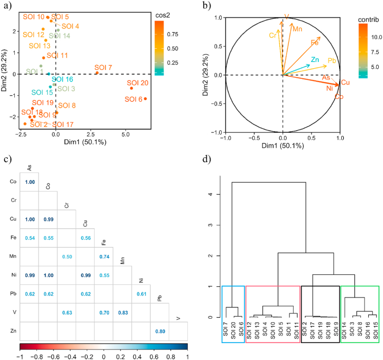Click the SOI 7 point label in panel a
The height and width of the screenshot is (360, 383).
103,67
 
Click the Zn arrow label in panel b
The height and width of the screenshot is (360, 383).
315,59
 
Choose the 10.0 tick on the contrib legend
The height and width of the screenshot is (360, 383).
376,38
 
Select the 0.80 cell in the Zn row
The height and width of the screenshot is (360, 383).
157,331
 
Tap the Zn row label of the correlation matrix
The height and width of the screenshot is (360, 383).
13,331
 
